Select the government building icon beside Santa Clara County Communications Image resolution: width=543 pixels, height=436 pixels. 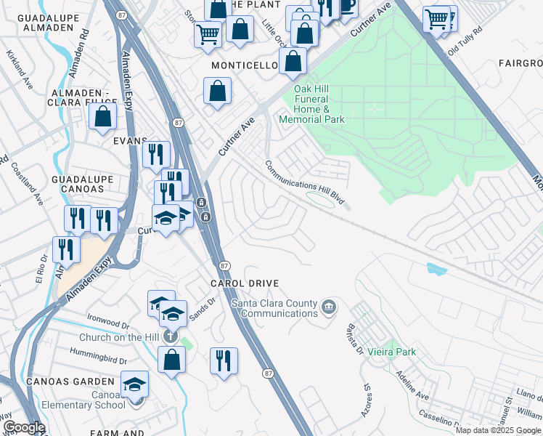click(329, 307)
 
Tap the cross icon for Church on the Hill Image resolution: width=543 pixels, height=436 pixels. click(170, 336)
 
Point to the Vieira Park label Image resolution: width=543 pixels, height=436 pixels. click(395, 352)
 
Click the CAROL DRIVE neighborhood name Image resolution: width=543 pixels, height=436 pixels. click(245, 283)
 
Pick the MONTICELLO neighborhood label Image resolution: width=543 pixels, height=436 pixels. click(245, 65)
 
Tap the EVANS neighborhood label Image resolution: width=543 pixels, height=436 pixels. click(130, 141)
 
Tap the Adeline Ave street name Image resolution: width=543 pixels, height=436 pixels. click(412, 385)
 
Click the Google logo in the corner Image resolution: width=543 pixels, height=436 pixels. click(23, 427)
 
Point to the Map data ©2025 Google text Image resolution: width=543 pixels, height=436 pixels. click(498, 430)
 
